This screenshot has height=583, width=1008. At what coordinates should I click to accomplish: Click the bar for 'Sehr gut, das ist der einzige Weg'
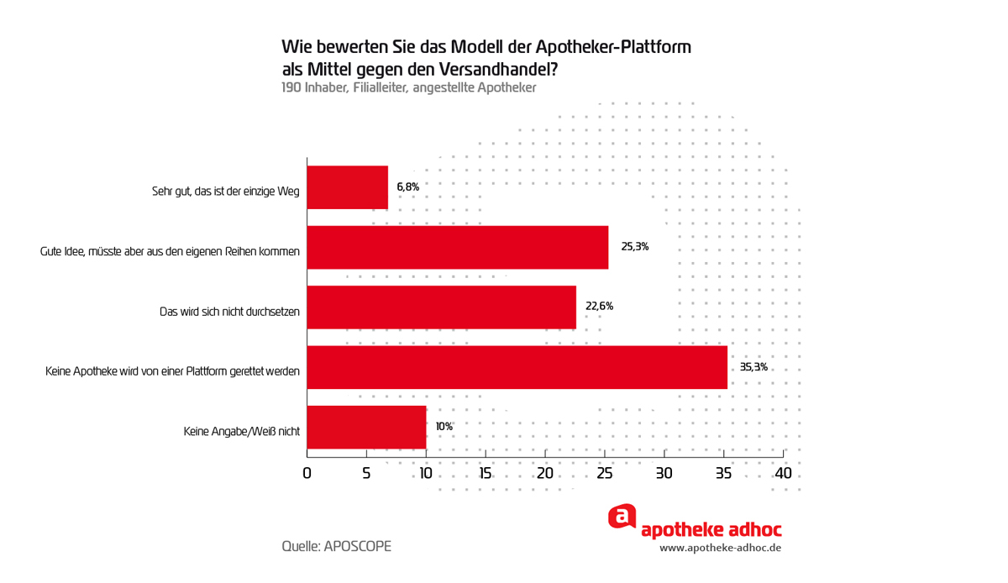coord(348,187)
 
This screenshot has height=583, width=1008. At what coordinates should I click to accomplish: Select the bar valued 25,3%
coord(458,247)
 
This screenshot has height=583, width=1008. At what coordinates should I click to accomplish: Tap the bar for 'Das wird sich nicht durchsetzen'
coord(442,307)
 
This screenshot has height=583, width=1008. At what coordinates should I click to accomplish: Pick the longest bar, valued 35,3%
coord(517,367)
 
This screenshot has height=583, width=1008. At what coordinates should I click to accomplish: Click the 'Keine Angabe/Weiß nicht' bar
coord(367,427)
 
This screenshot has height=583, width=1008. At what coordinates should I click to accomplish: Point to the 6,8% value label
coord(407,186)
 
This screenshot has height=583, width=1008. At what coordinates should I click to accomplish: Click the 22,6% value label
coord(599,307)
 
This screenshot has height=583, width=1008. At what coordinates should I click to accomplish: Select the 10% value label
coord(444,427)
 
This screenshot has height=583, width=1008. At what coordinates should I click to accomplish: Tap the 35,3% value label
coord(753,367)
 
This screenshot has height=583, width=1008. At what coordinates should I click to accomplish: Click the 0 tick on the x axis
coord(307,474)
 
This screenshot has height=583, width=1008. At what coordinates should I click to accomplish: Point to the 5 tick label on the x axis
coord(367,474)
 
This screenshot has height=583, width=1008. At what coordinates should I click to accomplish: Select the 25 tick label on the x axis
coord(605,474)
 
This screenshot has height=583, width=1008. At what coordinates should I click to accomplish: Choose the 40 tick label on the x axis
coord(783,474)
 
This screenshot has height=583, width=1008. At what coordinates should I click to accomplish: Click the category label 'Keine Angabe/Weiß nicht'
coord(242,432)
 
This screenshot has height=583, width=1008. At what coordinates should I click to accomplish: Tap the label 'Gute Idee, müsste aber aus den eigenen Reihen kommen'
coord(170,251)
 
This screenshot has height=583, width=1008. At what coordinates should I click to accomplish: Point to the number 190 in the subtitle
coord(291,87)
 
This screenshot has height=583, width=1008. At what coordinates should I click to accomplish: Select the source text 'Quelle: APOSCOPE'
coord(336,546)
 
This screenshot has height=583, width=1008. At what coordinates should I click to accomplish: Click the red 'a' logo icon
coord(622,517)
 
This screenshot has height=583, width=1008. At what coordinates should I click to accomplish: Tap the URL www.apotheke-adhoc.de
coord(721,548)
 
